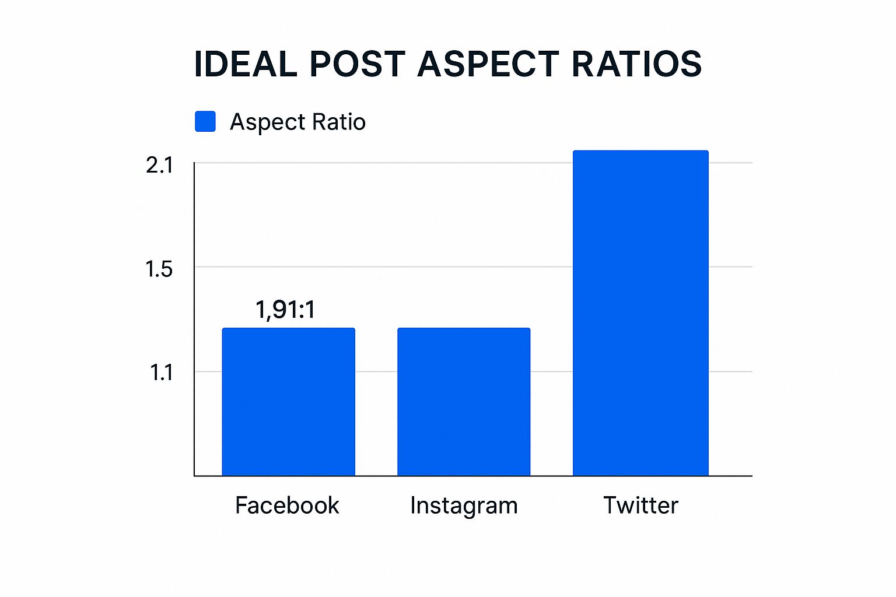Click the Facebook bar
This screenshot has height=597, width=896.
pos(288,402)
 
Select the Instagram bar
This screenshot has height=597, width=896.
pos(464,402)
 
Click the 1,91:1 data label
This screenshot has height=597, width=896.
pos(285,310)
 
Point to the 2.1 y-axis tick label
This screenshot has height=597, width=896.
pos(159,166)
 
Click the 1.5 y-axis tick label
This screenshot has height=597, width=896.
pos(159,269)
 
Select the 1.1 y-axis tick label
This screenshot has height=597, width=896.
pos(161,373)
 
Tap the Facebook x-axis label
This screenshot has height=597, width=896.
pos(287,505)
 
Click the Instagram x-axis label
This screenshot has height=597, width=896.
pos(464,505)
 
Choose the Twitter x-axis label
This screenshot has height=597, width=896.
pos(640,505)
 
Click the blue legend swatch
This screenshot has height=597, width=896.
pos(205,121)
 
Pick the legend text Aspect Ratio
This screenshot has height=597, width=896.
pos(297,122)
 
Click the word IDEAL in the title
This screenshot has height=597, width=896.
pos(246,64)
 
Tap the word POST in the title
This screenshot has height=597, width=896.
pos(357,64)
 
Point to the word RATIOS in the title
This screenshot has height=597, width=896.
pos(636,64)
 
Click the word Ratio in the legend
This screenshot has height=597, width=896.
pos(339,122)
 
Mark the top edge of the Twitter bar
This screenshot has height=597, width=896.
pos(640,152)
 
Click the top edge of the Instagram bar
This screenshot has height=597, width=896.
pos(464,329)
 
